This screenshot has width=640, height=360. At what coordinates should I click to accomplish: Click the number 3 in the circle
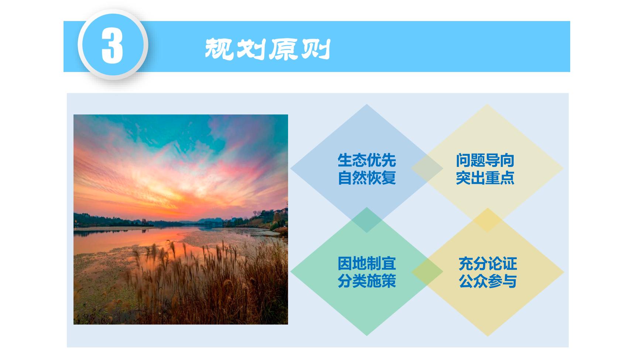point(112,47)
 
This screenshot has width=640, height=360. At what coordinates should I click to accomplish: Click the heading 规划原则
point(267,49)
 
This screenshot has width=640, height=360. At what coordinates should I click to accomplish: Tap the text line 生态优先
point(367,160)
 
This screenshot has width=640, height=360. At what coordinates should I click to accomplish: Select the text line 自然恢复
point(367,178)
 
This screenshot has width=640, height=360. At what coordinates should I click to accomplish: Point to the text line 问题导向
point(485,160)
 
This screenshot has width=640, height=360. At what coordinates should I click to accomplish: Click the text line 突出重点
point(485,178)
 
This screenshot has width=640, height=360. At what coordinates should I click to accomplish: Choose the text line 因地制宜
point(367,264)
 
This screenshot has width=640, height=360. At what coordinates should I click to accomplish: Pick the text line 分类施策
point(367,281)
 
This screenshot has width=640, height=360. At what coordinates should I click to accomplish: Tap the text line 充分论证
point(488,264)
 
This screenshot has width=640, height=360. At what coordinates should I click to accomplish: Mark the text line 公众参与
point(488,281)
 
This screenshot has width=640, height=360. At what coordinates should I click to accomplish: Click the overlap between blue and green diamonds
point(366,220)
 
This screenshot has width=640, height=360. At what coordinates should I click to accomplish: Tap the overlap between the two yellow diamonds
point(487,220)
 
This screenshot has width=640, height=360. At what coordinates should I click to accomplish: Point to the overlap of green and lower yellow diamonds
point(427,272)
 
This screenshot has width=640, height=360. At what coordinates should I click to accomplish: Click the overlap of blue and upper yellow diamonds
point(427,169)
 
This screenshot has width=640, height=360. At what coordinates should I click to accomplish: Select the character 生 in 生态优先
point(345,160)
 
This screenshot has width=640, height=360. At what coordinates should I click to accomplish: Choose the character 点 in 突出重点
point(507,178)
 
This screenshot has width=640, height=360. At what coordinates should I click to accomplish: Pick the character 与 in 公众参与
point(510,281)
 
